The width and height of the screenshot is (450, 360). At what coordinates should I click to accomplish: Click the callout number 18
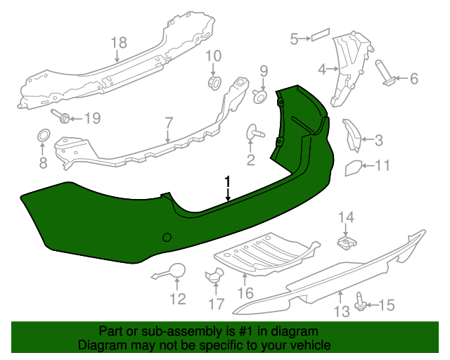[x=119, y=42]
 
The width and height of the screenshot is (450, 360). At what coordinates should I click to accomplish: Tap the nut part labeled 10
[x=214, y=82]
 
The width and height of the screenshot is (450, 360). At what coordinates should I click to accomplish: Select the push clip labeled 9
[x=259, y=96]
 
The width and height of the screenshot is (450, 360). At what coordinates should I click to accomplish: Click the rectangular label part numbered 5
[x=321, y=34]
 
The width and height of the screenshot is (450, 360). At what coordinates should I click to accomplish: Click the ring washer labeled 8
[x=44, y=135]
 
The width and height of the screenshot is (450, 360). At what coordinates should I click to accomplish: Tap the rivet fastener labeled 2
[x=255, y=131]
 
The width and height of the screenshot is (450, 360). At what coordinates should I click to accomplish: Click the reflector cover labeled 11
[x=353, y=167]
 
